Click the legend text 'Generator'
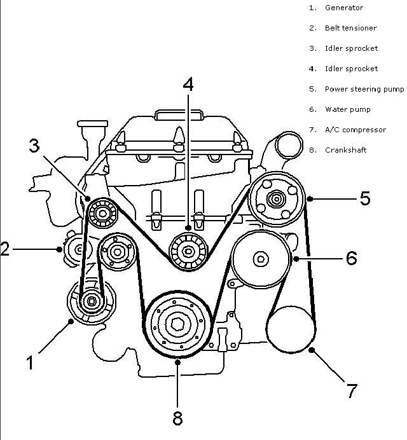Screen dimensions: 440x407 pos(344,8)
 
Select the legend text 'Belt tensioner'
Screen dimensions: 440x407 pos(350,28)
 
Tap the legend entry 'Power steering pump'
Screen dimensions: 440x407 pos(364,89)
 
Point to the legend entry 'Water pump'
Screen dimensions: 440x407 pos(344,109)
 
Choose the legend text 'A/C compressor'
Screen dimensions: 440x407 pos(355,130)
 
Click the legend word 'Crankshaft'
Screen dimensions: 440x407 pos(345,150)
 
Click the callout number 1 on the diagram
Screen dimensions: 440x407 pos(29,362)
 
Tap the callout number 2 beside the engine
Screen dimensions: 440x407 pos(5,248)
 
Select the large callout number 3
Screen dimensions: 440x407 pos(34,146)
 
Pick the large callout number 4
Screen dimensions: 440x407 pos(188,84)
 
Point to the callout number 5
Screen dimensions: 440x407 pos(365,198)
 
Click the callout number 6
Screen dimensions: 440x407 pos(350,258)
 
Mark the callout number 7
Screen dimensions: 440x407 pos(352,390)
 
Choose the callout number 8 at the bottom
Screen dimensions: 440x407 pos(177,418)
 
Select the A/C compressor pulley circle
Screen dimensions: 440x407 pos(290,329)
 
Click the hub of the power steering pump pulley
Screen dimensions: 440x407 pos(277,199)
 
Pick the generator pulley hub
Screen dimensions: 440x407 pos(90,301)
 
